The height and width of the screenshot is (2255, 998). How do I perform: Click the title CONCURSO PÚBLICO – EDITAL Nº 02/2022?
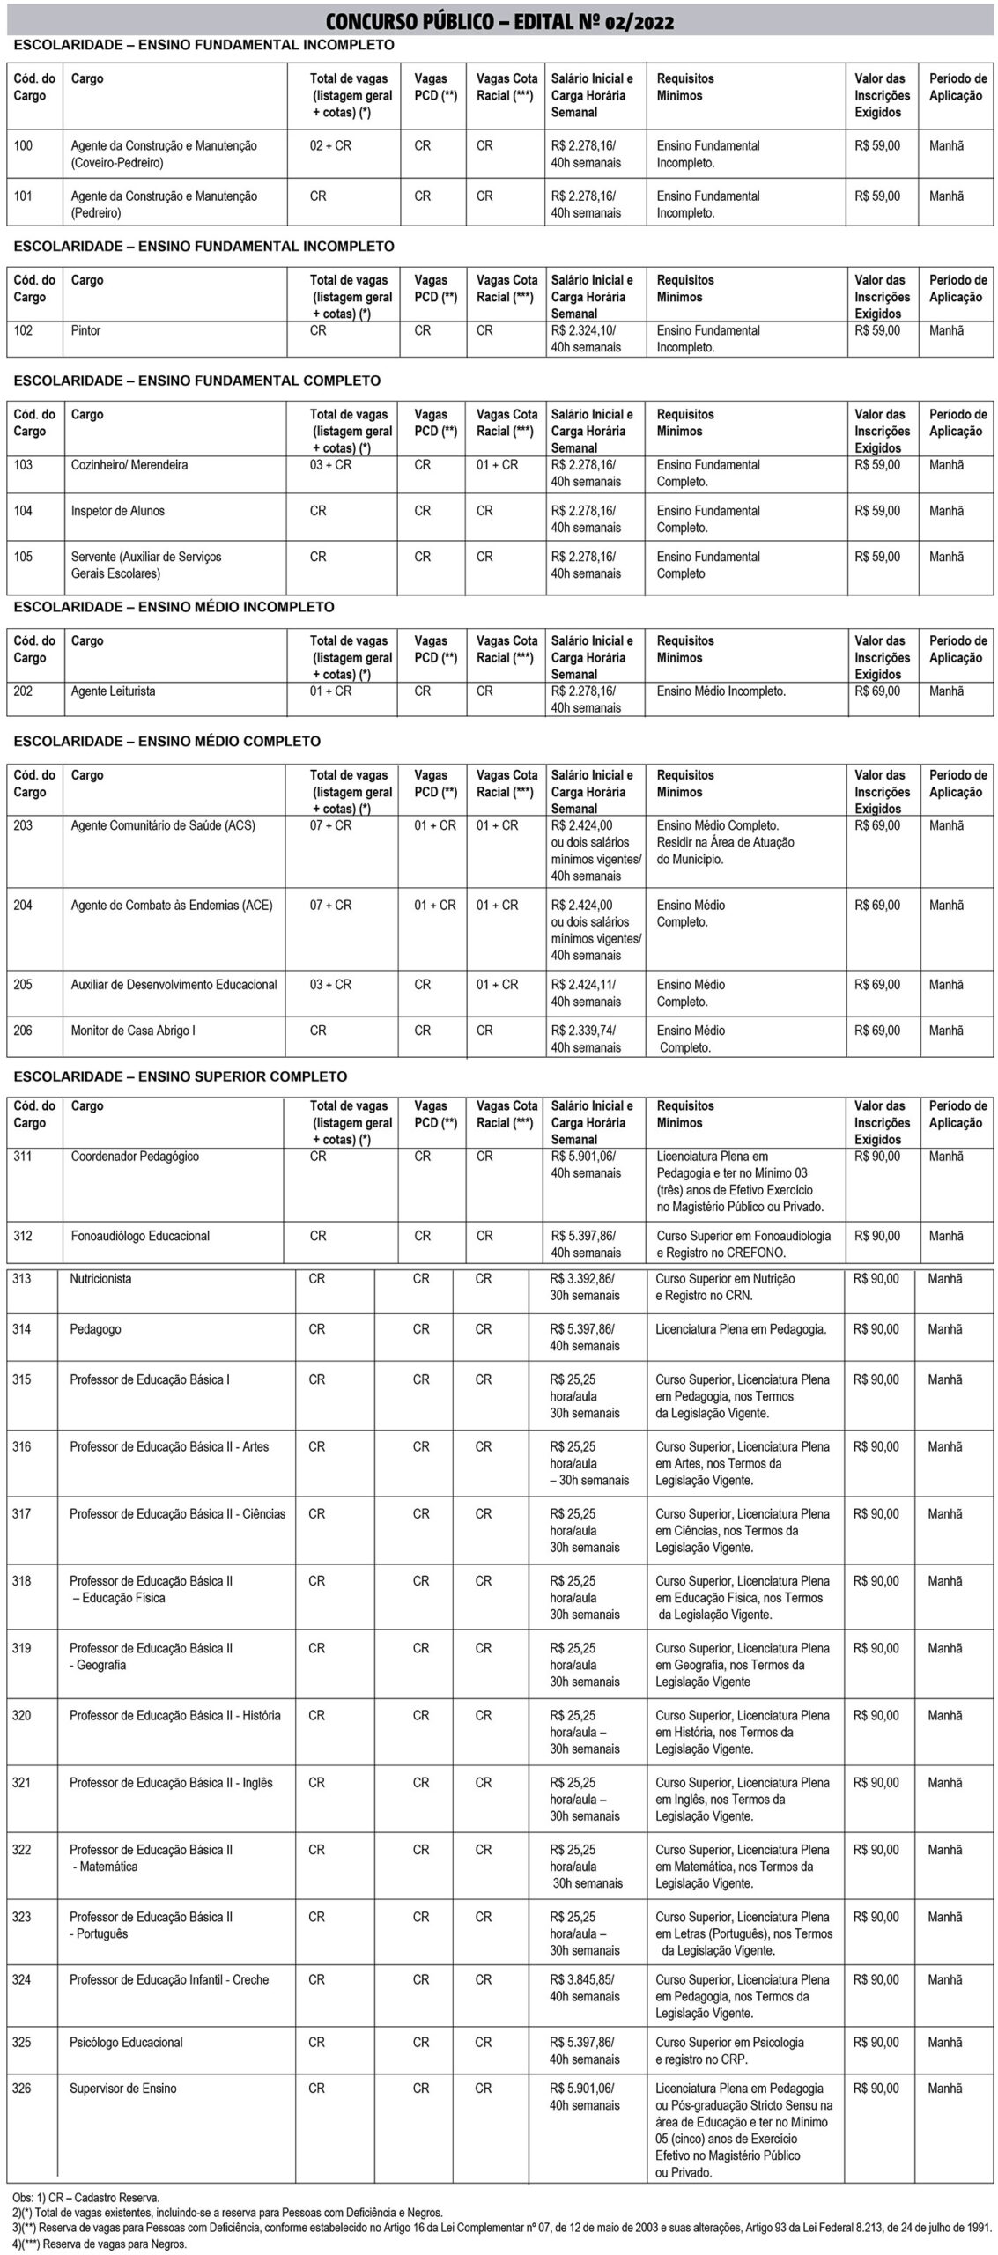499,21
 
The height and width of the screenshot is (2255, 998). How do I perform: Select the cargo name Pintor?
85,331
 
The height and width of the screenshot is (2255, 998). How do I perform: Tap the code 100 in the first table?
23,146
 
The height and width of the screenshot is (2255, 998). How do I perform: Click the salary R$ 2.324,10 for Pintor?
583,331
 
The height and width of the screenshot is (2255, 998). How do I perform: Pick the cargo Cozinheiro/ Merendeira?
129,465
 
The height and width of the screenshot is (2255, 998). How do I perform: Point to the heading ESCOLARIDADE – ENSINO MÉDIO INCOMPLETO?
174,607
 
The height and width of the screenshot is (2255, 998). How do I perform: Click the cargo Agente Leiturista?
113,691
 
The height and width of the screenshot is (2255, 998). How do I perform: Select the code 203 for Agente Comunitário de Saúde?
23,826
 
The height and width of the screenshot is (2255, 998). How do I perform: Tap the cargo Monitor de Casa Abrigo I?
133,1031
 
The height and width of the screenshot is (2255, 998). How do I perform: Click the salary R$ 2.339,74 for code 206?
583,1031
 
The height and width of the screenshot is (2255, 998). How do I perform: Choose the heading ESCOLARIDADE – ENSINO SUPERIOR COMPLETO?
181,1076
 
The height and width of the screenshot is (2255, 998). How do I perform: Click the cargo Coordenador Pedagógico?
135,1157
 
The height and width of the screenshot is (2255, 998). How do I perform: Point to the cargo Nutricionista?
100,1279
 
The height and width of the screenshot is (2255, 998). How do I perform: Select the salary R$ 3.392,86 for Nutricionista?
582,1279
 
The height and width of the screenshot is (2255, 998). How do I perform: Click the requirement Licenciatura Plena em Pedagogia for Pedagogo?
741,1329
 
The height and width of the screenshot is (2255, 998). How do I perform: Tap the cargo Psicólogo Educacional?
126,2042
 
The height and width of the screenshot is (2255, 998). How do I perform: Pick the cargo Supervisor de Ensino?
122,2089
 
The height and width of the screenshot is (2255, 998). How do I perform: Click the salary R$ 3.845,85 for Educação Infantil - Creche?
582,1979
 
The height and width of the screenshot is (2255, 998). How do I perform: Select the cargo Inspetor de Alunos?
117,511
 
